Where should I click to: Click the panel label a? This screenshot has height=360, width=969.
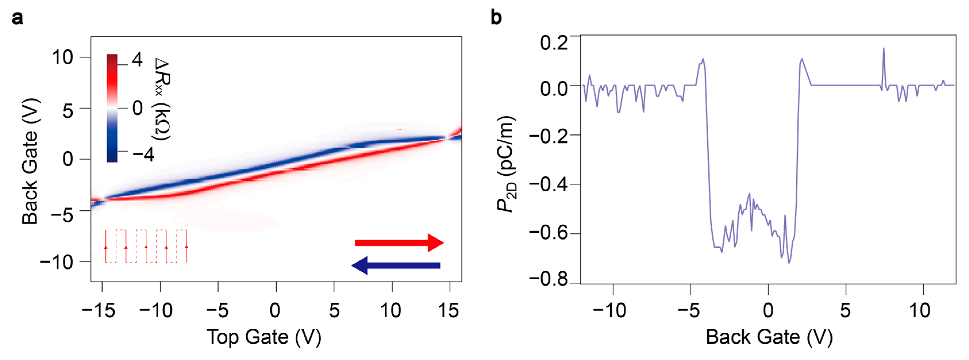click(17, 18)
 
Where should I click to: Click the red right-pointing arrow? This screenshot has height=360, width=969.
click(399, 242)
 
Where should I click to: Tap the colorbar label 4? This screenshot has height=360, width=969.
click(137, 60)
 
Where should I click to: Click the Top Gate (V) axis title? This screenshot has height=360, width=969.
click(264, 337)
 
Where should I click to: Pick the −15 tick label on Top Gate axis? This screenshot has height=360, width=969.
click(99, 311)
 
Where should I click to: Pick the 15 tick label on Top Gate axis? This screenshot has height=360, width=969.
click(448, 311)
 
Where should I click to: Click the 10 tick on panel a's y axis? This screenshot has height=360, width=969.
click(62, 57)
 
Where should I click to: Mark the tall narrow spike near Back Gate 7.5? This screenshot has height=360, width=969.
click(884, 49)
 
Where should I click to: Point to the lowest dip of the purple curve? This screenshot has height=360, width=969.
click(789, 262)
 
